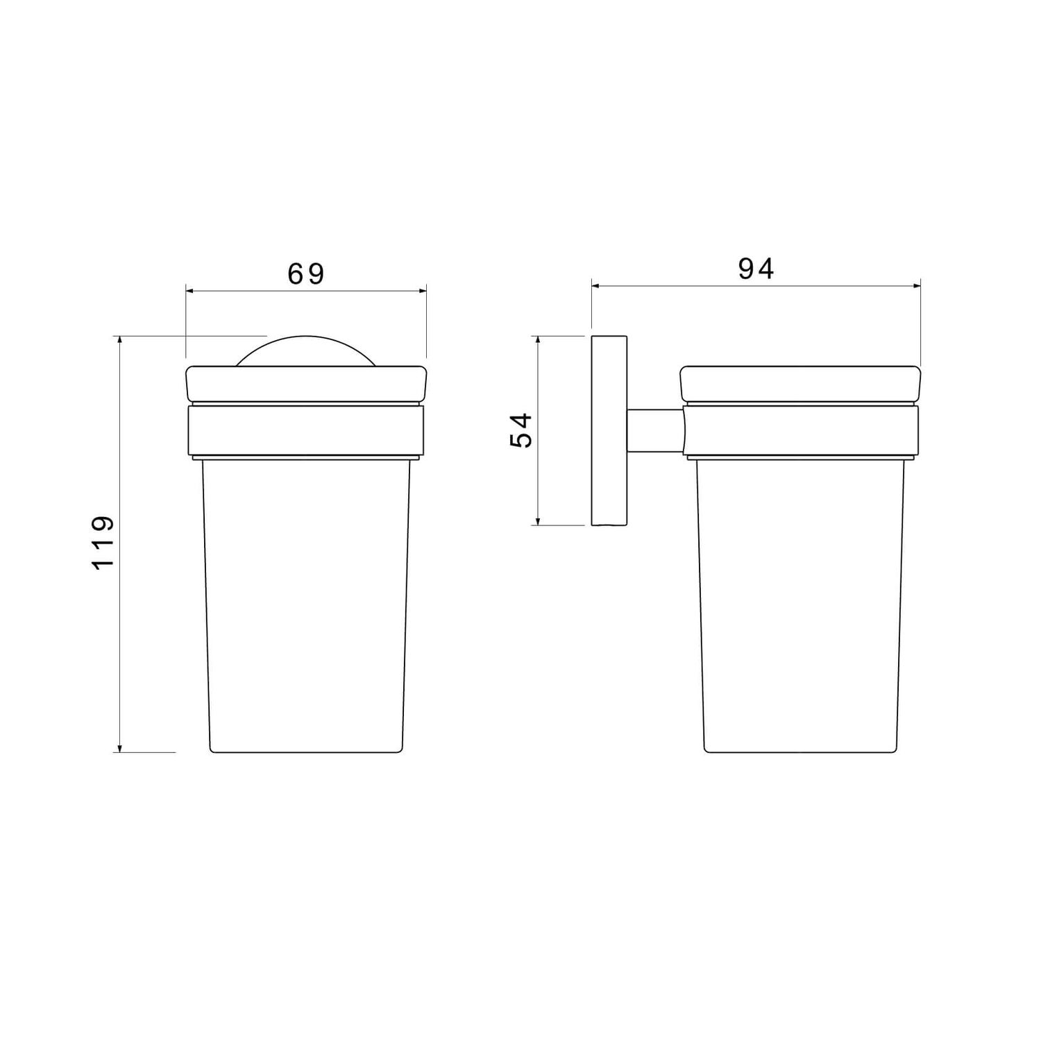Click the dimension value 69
[306, 274]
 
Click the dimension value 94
[756, 269]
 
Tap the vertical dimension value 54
[521, 430]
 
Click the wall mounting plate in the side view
[609, 430]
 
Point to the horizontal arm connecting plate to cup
[655, 430]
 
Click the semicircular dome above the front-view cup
[306, 351]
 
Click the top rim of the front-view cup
[306, 384]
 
